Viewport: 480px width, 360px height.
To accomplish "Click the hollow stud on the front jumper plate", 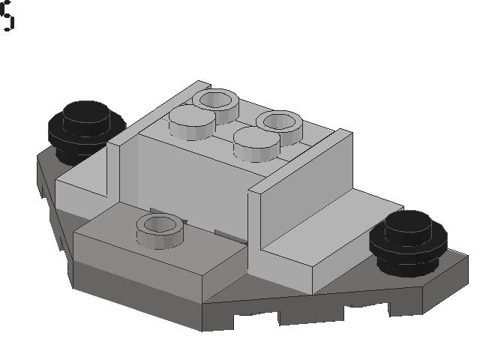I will click(160, 227).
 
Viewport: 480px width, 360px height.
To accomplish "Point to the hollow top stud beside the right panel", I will click(279, 123).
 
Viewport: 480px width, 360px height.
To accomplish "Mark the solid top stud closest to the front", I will click(255, 142).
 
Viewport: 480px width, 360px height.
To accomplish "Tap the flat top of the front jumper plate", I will click(120, 240).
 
